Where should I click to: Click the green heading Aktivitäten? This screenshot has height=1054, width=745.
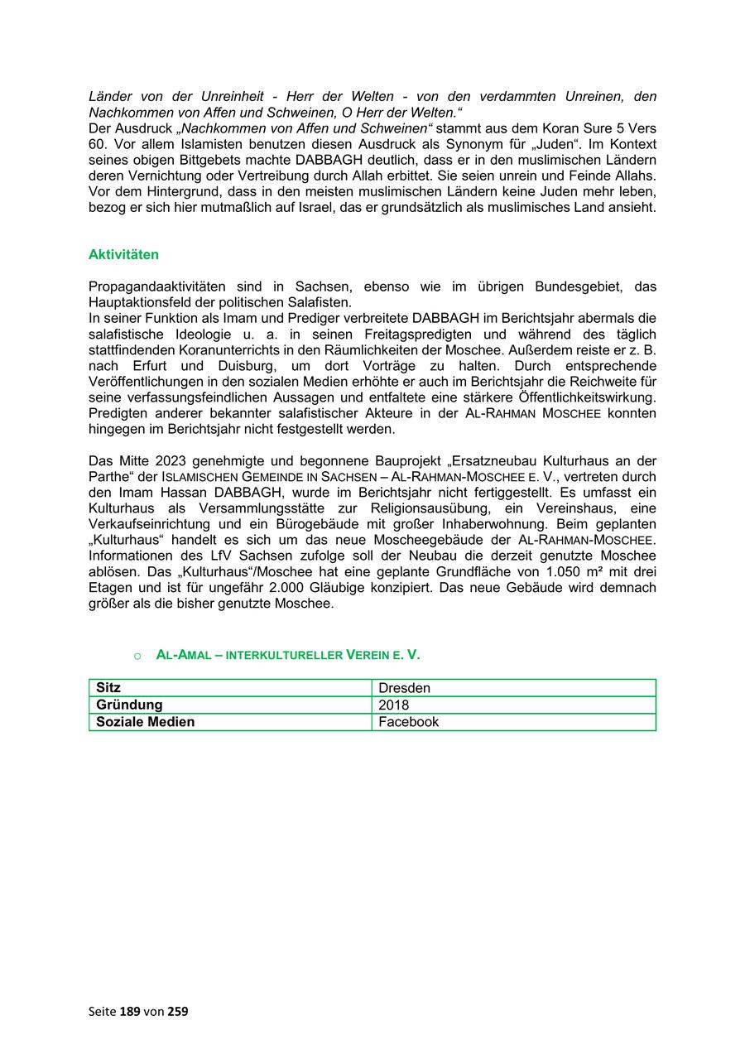pyautogui.click(x=123, y=255)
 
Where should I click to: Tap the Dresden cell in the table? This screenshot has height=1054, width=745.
pyautogui.click(x=404, y=688)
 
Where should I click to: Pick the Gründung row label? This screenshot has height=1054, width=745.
pyautogui.click(x=129, y=705)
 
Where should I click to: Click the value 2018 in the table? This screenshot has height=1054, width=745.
pyautogui.click(x=393, y=705)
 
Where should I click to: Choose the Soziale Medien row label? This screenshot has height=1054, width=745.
pyautogui.click(x=145, y=722)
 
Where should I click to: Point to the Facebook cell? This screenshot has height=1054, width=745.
pyautogui.click(x=408, y=722)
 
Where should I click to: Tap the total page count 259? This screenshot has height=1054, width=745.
pyautogui.click(x=178, y=1011)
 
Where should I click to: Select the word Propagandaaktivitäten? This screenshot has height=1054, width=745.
pyautogui.click(x=155, y=286)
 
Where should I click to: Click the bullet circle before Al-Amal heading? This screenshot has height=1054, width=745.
pyautogui.click(x=137, y=656)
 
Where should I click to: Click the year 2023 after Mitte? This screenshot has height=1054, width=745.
pyautogui.click(x=173, y=460)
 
